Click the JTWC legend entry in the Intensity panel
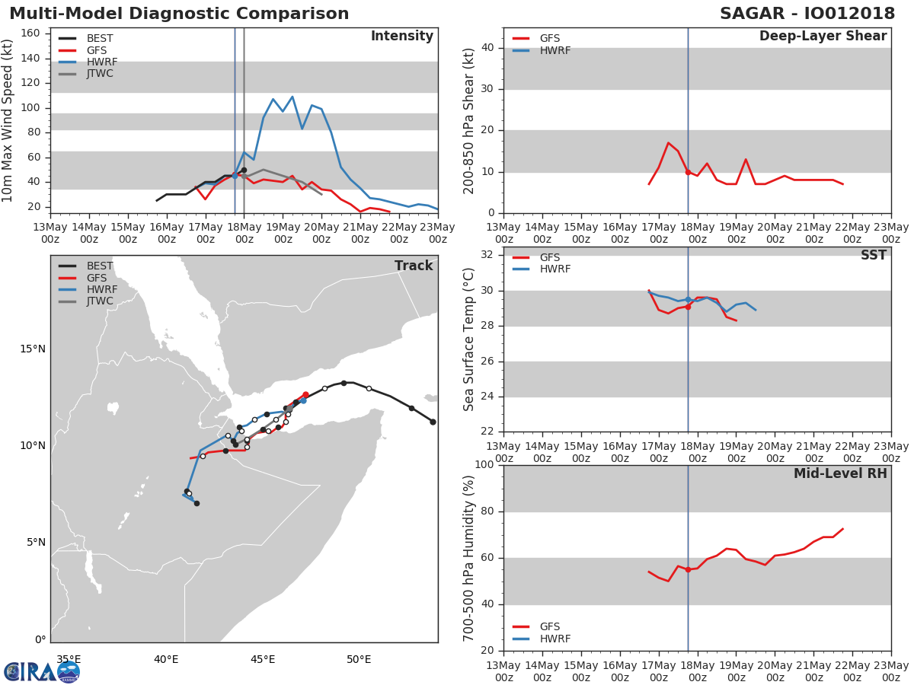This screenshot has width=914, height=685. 86,74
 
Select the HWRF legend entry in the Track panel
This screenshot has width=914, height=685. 88,289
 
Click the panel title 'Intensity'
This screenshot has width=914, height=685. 402,36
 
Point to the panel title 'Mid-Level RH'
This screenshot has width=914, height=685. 840,473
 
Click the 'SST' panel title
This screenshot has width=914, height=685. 874,255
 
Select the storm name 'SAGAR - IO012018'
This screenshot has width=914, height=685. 807,13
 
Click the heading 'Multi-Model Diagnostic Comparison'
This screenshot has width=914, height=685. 179,13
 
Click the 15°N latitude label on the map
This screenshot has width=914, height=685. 33,349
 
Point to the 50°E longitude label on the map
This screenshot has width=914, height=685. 359,659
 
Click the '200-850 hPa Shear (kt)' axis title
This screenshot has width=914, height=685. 468,121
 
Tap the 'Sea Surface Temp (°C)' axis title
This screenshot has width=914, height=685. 468,339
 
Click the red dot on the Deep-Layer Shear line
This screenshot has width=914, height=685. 688,172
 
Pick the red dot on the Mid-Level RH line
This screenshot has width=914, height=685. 688,570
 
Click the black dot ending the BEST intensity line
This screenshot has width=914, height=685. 244,170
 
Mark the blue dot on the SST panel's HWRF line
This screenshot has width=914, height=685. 688,299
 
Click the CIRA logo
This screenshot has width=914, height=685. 42,672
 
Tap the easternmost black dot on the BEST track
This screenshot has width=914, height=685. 433,422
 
